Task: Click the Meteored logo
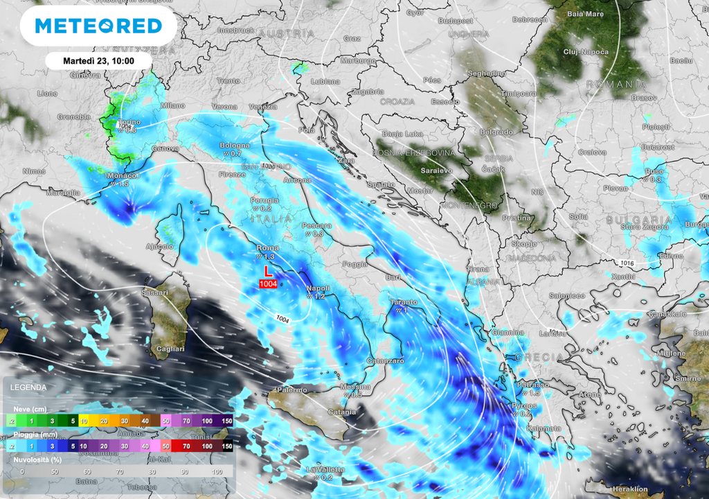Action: (x=98, y=26)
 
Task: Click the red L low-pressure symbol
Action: (x=269, y=272)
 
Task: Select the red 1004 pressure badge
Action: (x=269, y=283)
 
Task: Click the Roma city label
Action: (x=268, y=247)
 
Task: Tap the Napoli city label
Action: (x=318, y=288)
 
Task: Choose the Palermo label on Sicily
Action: (x=291, y=390)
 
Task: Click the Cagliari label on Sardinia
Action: (x=171, y=349)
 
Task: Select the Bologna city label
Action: (x=235, y=146)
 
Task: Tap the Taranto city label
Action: (x=403, y=302)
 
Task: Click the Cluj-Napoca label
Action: (x=586, y=52)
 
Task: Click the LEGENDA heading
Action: (x=28, y=387)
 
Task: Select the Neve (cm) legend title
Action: (x=24, y=409)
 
